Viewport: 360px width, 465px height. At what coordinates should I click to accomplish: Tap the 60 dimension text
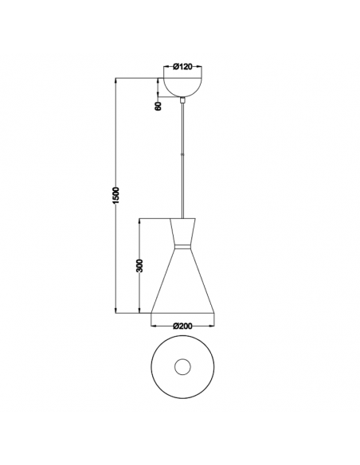pos(158,105)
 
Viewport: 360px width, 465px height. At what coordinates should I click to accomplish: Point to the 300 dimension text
pos(139,265)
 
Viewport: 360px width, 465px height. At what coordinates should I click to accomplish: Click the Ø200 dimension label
pos(184,324)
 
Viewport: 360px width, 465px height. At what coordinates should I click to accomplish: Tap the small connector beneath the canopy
pos(184,100)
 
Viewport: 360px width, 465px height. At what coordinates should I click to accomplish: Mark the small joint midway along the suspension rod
pos(184,157)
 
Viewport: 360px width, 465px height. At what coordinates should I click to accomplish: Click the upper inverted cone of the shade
pos(184,232)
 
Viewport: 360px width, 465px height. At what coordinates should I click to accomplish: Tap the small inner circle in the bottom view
pos(184,367)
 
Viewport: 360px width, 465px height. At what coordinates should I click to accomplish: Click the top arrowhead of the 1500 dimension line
pos(116,80)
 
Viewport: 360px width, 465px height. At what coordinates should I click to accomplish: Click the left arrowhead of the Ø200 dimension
pos(153,324)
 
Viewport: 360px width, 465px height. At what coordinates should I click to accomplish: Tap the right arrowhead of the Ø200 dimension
pos(215,324)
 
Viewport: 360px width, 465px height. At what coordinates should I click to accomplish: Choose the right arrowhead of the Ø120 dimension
pos(202,67)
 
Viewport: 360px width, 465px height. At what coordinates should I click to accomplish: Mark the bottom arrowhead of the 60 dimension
pos(158,96)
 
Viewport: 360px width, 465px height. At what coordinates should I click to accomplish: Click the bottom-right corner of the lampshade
pos(216,312)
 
